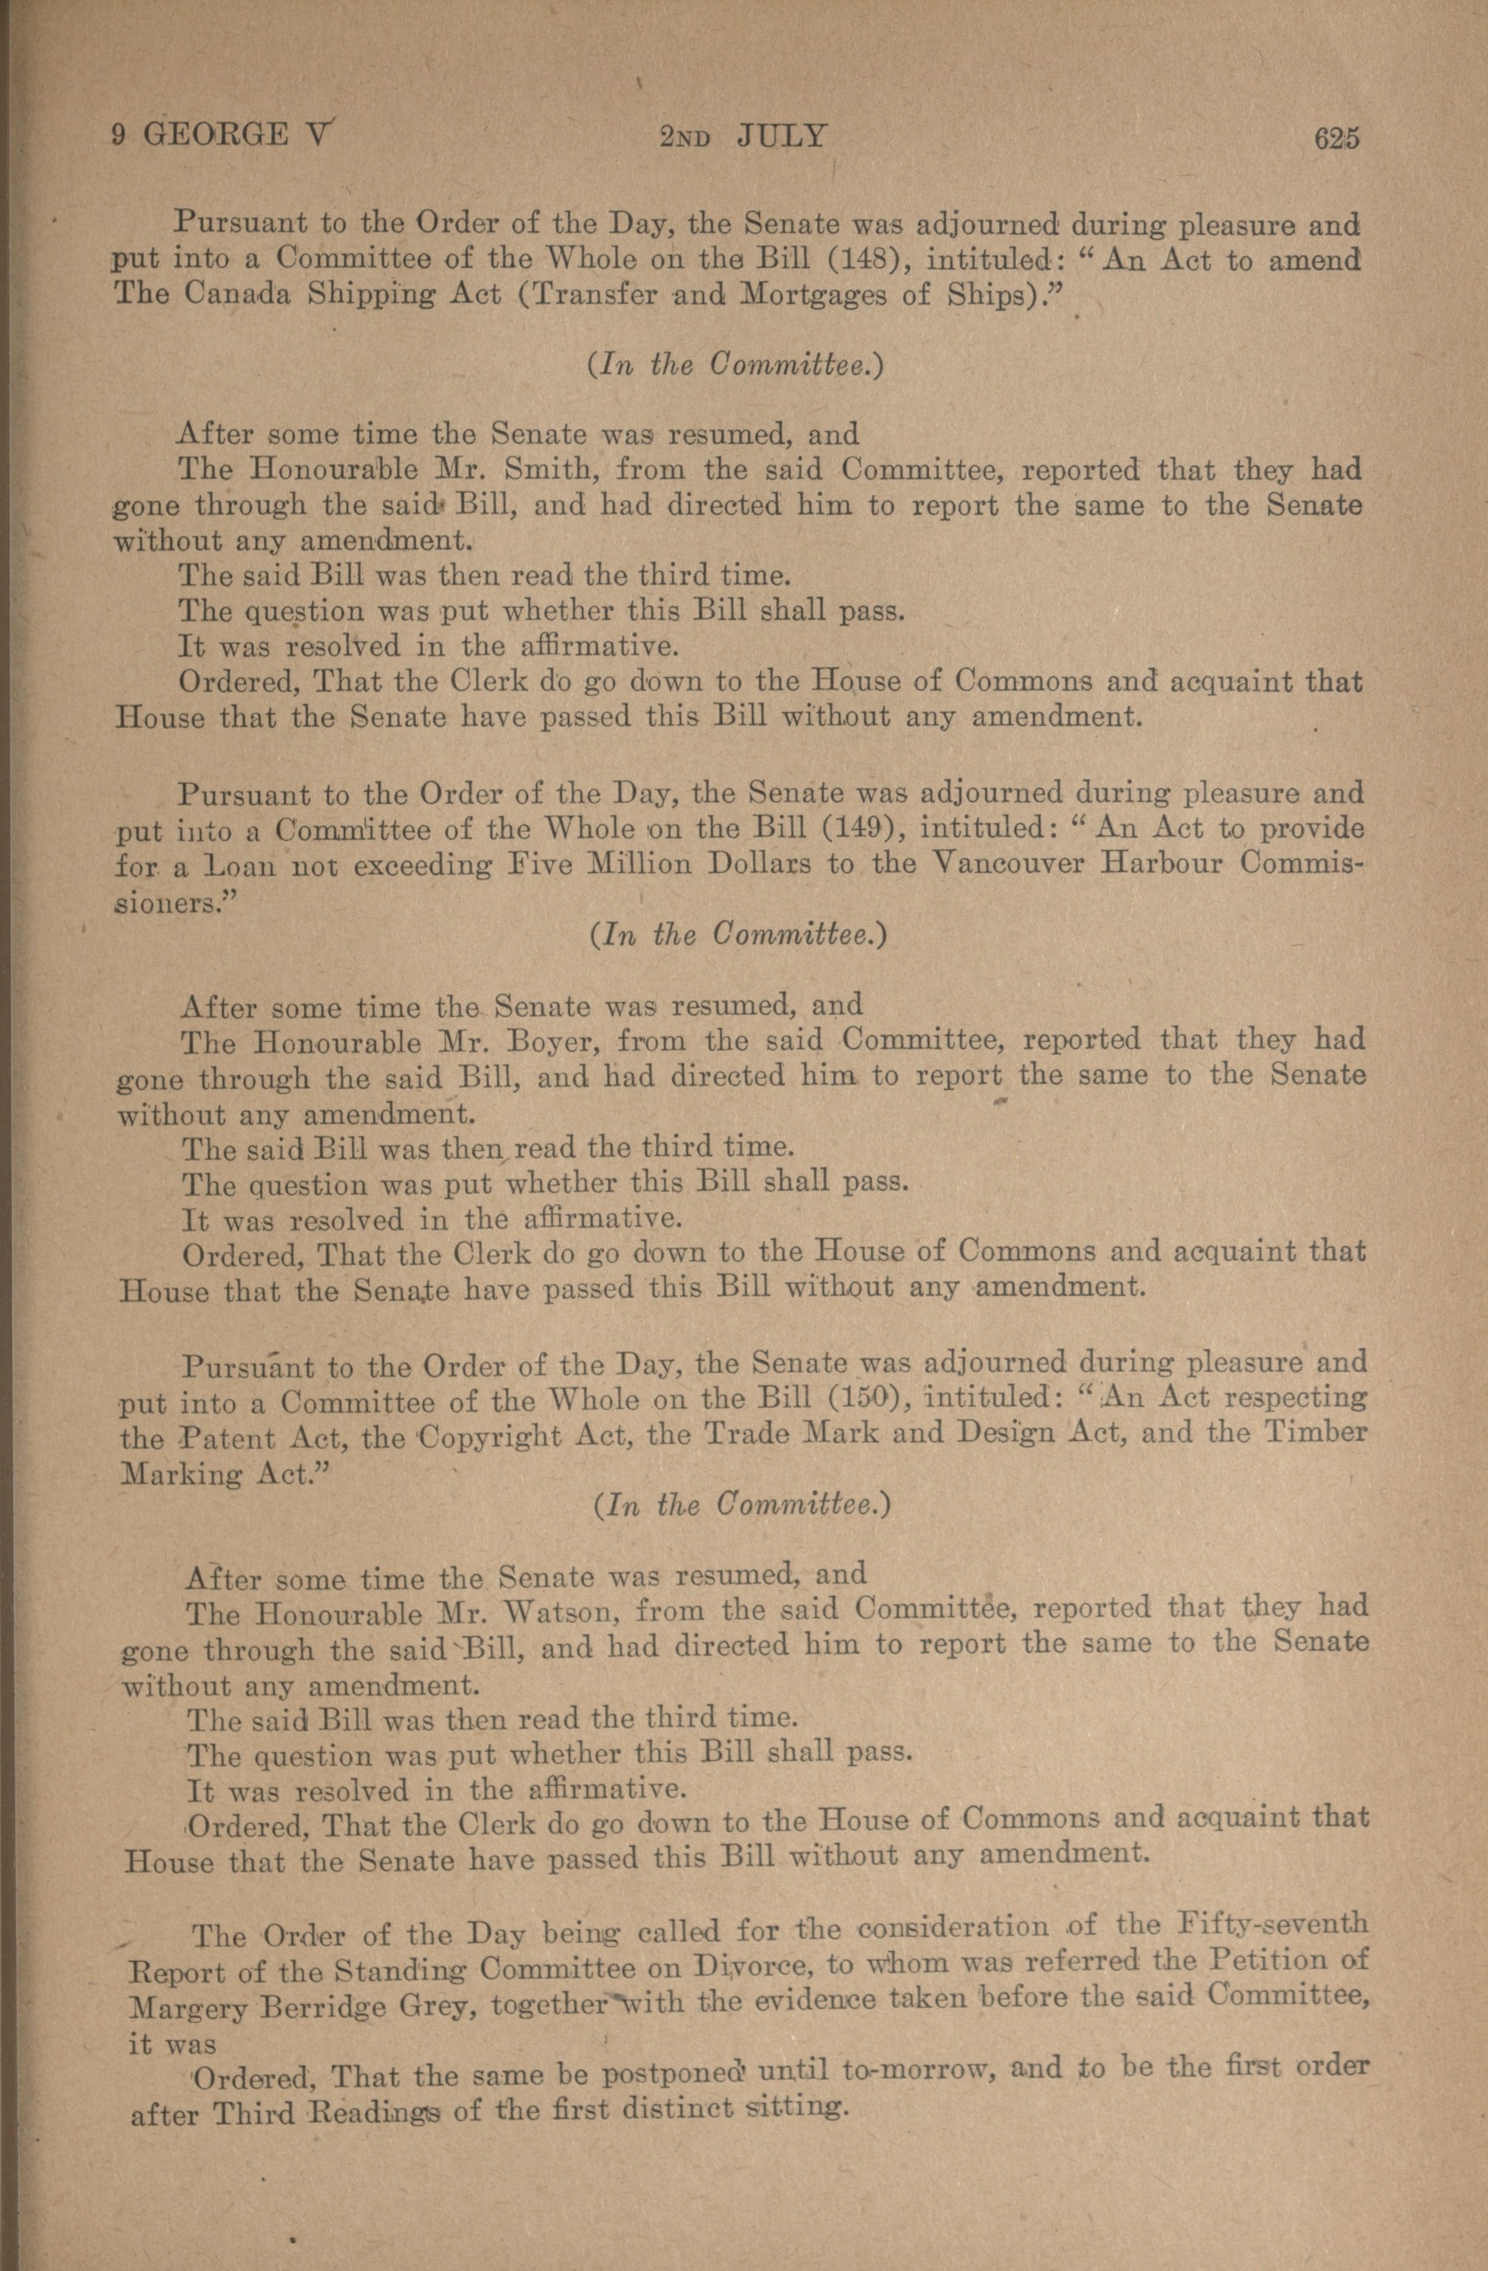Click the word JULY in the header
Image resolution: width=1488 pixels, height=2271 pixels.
point(781,136)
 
